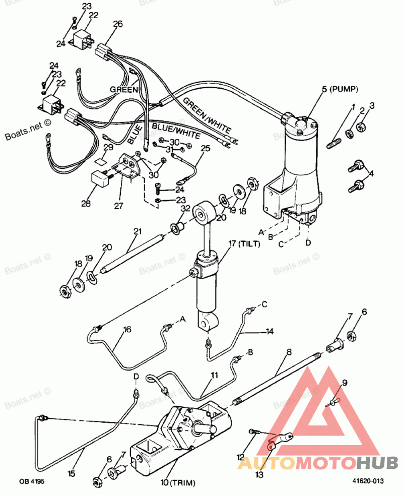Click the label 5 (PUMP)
(340, 90)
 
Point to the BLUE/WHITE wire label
(176, 131)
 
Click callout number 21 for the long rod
(138, 231)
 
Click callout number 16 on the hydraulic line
(127, 330)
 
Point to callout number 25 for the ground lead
(205, 148)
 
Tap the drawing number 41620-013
(368, 481)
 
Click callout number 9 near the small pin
(345, 383)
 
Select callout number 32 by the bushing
(185, 208)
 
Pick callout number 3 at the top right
(372, 105)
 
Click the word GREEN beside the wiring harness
(124, 89)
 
